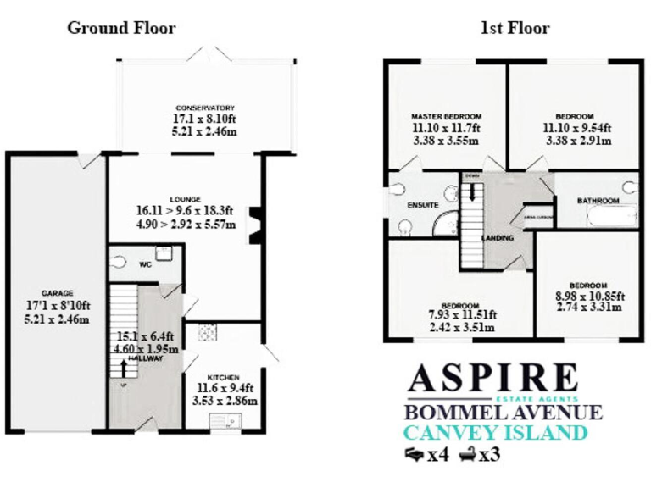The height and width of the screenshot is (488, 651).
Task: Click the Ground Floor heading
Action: coord(121,28)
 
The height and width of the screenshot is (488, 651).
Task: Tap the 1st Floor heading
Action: coord(515,28)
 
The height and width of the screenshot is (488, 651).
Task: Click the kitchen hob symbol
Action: coord(206,333)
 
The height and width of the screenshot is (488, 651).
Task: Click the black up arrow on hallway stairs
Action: coord(125,369)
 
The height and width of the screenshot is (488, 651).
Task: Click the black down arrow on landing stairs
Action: coord(471,190)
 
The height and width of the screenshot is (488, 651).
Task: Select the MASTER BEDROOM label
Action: coord(446,116)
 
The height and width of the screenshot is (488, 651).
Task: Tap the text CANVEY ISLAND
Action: coord(496,433)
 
